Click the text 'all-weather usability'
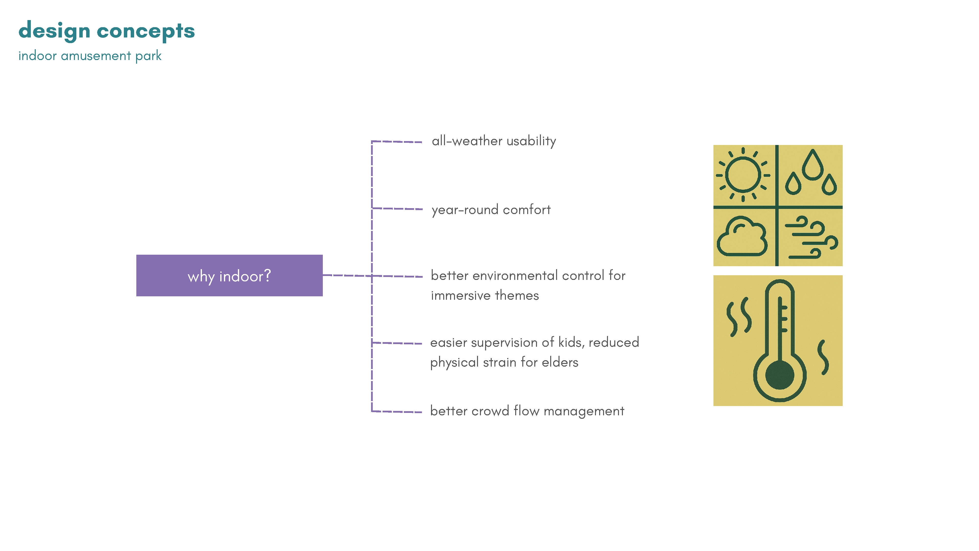[x=494, y=141]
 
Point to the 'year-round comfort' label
[x=491, y=210]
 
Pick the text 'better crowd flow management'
[x=527, y=411]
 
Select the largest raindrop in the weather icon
[x=813, y=165]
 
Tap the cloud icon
[x=742, y=237]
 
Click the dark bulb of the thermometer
[x=780, y=375]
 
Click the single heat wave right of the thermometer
[x=823, y=358]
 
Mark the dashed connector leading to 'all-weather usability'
[x=396, y=142]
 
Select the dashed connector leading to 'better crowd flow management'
[x=396, y=411]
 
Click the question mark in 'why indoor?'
[x=267, y=275]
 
